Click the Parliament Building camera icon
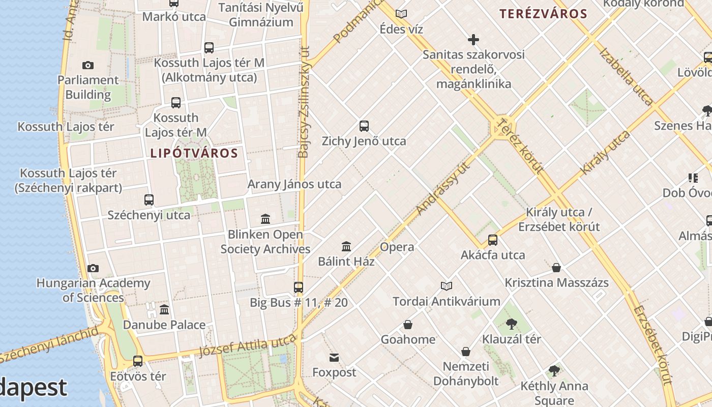tap(87, 65)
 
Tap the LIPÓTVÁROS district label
tap(194, 153)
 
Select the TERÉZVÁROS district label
tap(543, 14)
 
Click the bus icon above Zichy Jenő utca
tap(364, 126)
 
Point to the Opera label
tap(397, 247)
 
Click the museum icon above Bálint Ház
tap(346, 247)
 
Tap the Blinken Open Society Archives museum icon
tap(265, 219)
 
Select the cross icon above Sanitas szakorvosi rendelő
tap(473, 40)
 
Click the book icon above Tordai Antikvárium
tap(446, 286)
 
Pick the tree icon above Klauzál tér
tap(512, 324)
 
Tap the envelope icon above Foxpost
tap(334, 358)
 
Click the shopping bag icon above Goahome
tap(407, 325)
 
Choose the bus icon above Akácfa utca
tap(492, 240)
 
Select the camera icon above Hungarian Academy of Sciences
tap(93, 268)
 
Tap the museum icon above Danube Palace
tap(164, 310)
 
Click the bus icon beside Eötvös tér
tap(138, 361)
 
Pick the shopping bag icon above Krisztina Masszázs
tap(556, 268)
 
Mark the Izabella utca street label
tap(626, 76)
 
